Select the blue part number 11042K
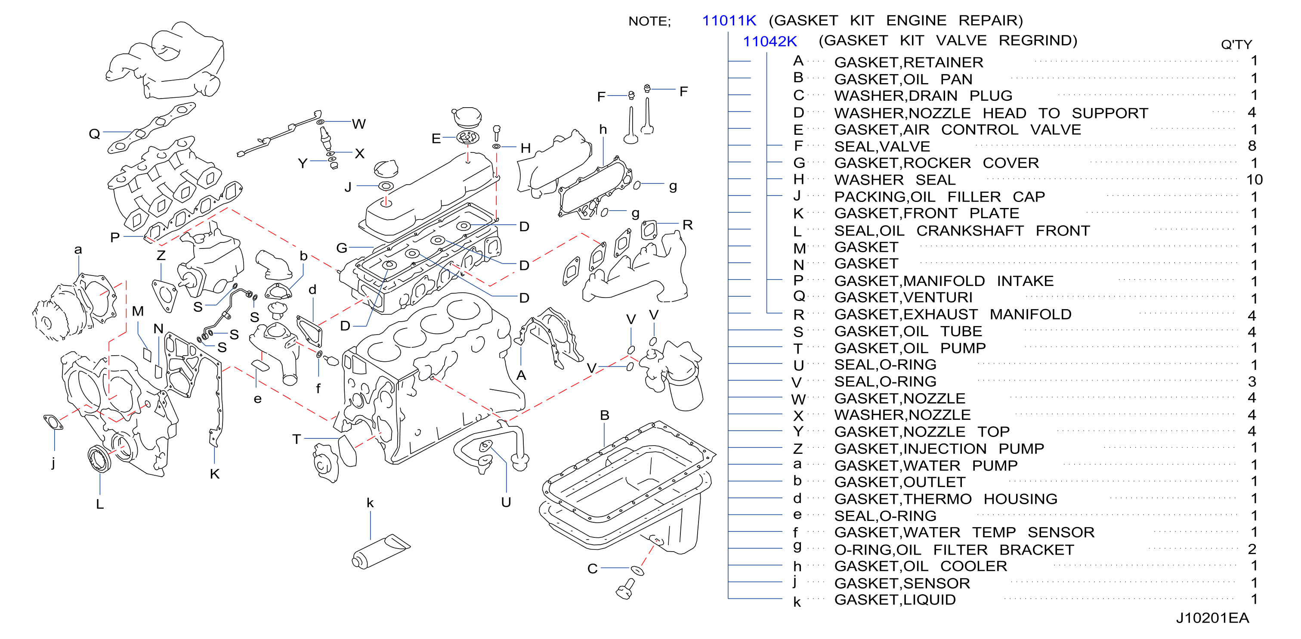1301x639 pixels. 769,41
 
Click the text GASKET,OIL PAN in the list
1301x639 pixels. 903,79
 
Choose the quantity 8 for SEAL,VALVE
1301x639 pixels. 1252,146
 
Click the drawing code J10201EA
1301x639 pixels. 1212,618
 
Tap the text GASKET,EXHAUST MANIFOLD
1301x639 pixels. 952,314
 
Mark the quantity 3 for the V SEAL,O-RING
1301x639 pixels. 1252,382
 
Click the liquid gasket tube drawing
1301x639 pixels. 381,551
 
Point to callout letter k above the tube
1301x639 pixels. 370,503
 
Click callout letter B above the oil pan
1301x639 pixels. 605,415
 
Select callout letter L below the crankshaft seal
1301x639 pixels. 99,504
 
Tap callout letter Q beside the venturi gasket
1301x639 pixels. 94,134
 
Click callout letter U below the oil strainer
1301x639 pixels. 506,502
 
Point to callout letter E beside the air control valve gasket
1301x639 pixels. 436,138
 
